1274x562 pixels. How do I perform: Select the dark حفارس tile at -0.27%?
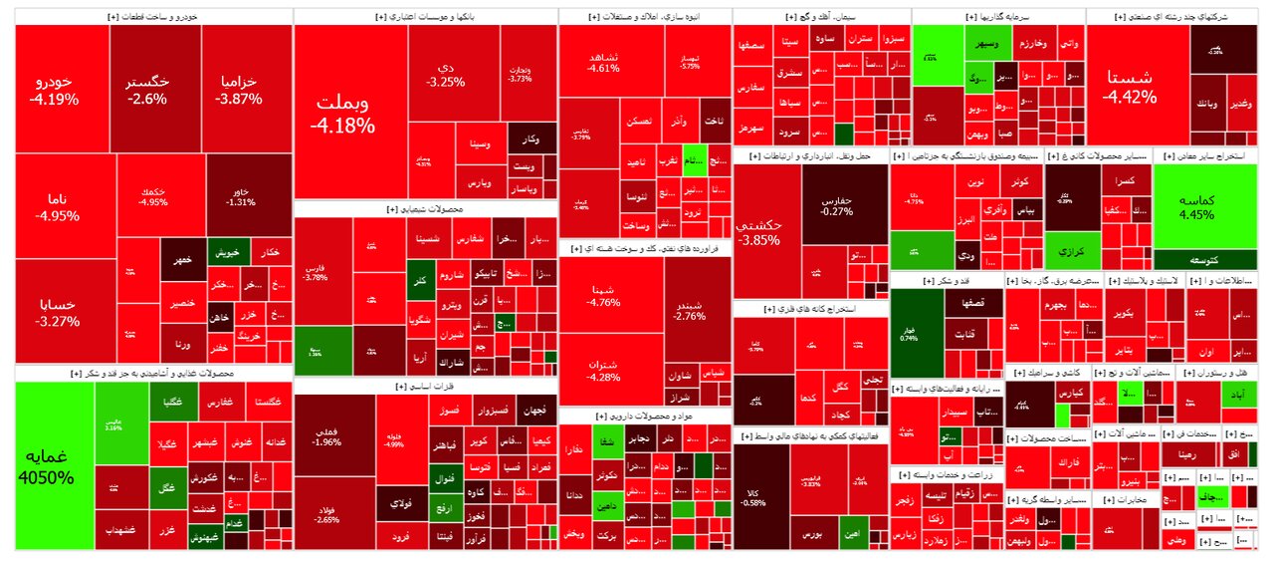(843, 204)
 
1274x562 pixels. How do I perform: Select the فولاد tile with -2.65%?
(325, 514)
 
